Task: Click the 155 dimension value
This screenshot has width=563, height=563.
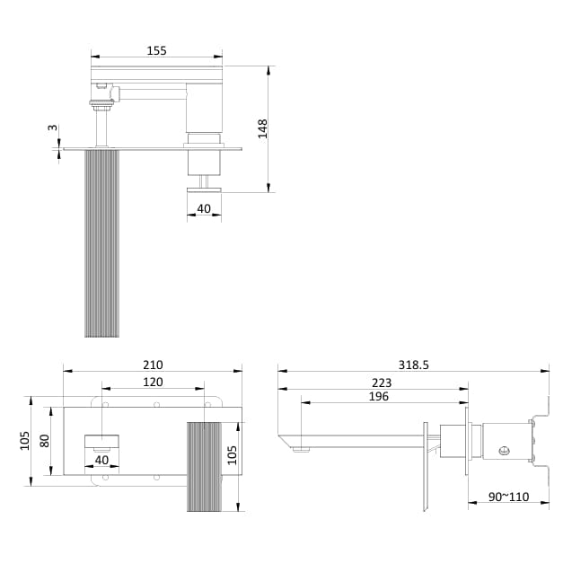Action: coord(156,51)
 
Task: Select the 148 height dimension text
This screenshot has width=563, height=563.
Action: coord(263,128)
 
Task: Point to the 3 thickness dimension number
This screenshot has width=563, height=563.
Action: coord(52,128)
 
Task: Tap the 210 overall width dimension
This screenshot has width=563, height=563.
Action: coord(153,365)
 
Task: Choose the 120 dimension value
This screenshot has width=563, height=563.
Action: coord(153,382)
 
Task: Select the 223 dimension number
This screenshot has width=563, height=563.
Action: coord(381,383)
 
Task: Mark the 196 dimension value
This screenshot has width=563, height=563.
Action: coord(381,396)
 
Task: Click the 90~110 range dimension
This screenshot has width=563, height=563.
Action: coord(507,497)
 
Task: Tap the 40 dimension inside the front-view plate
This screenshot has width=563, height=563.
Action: coord(101,460)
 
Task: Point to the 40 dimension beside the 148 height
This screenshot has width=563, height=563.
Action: coord(205,209)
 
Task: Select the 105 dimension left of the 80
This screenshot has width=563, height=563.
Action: coord(26,441)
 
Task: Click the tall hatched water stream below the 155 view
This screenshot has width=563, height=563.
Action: coord(101,243)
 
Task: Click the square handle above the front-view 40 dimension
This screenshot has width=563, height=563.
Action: coord(101,441)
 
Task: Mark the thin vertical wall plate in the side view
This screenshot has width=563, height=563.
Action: coord(426,466)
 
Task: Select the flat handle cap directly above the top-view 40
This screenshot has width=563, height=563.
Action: coord(205,188)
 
